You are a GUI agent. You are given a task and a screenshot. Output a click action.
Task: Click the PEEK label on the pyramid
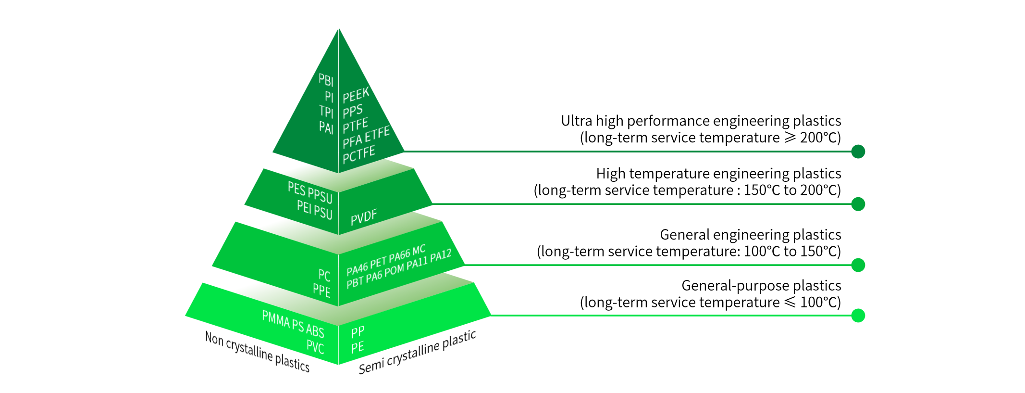356,95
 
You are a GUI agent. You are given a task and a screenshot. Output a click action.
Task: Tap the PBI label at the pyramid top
326,80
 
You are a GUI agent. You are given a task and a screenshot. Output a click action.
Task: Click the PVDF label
364,217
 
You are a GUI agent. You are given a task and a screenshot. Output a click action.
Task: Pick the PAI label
326,127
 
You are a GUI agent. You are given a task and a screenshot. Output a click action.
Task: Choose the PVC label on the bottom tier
315,346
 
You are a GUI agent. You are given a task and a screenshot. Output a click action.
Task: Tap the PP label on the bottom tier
358,332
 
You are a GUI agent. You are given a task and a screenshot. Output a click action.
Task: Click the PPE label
321,290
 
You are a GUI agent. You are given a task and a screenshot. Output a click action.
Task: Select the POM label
394,270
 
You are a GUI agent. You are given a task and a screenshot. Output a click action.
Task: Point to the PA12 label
441,255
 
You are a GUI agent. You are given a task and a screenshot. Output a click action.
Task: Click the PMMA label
276,319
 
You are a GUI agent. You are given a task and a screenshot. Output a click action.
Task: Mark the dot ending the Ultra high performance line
858,152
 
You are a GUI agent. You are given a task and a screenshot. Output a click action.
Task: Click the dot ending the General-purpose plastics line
858,316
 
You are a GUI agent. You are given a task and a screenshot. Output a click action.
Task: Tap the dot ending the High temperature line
858,204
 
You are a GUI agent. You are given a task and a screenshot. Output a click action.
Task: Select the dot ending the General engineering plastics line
858,265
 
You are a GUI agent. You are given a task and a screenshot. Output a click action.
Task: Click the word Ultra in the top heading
576,121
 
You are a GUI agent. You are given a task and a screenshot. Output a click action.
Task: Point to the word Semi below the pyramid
371,367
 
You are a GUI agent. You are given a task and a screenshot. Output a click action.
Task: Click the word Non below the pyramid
214,339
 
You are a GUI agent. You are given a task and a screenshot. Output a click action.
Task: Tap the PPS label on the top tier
353,111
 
